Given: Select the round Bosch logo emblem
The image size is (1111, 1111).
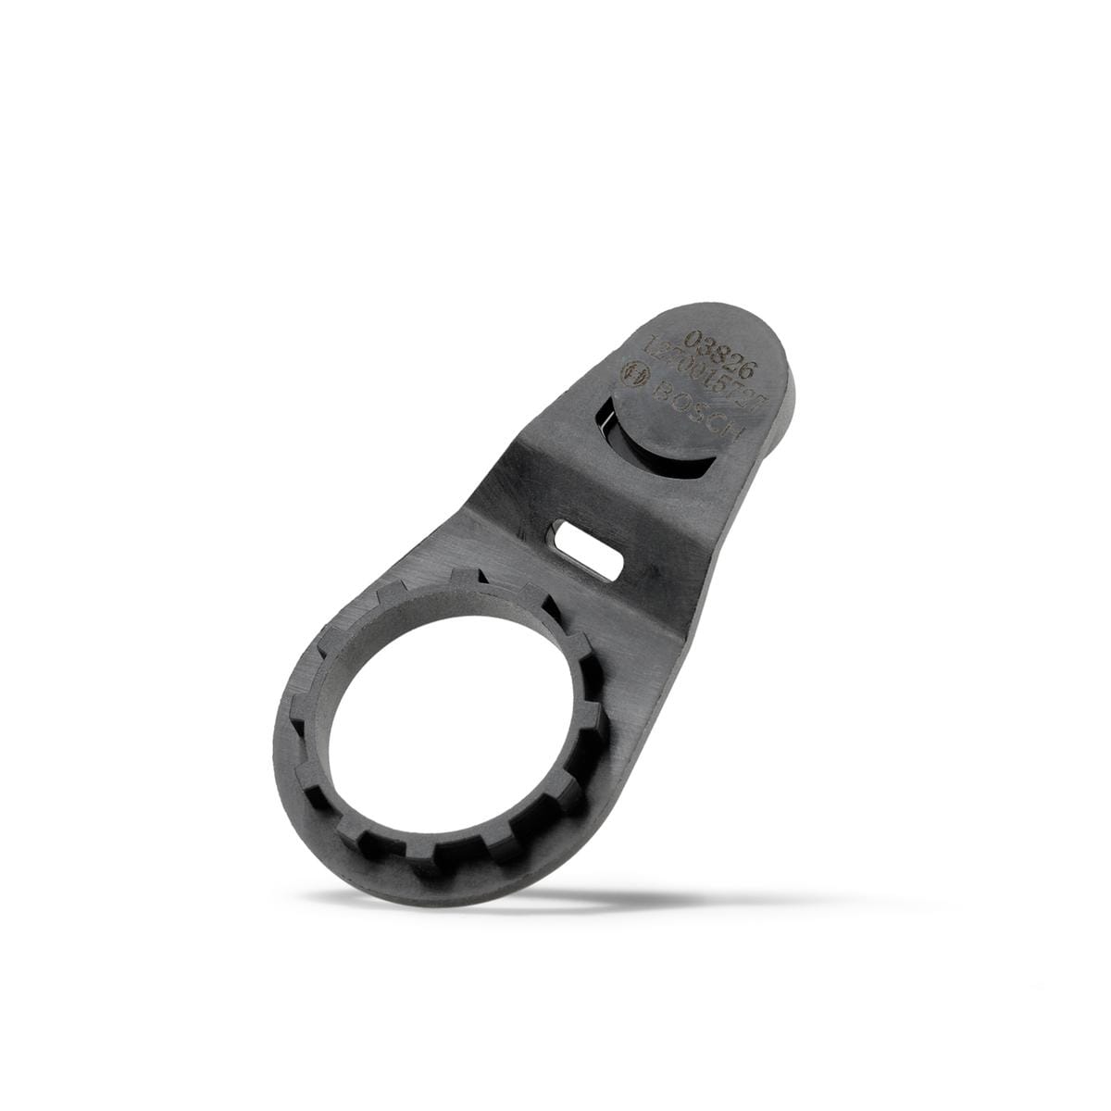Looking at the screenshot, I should point(637,371).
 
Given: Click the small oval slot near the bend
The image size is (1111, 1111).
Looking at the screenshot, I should point(587,547).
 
